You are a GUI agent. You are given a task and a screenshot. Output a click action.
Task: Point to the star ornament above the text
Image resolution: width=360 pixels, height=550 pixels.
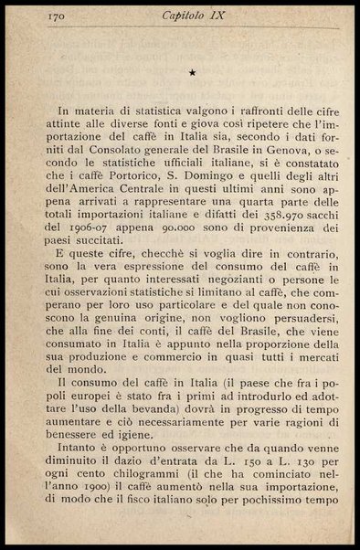click(x=191, y=71)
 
